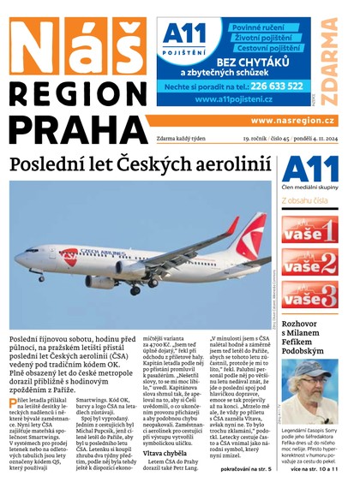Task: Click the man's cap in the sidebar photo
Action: tap(309, 370)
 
